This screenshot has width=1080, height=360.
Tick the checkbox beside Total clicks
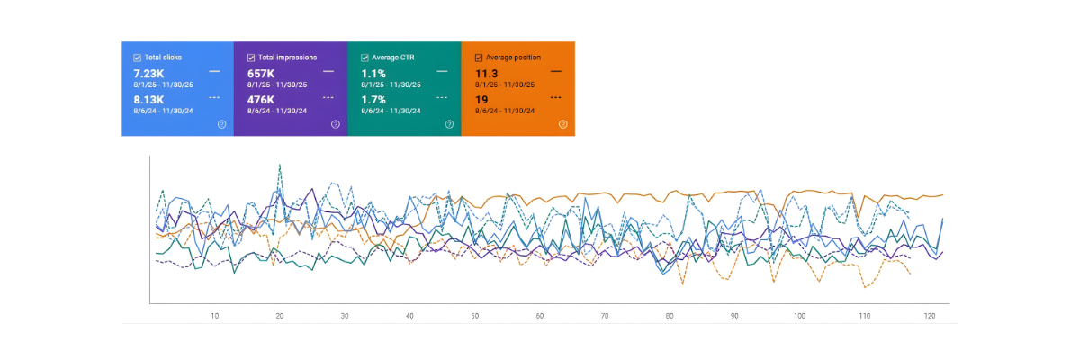coord(137,58)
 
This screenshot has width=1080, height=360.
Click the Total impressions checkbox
coord(251,58)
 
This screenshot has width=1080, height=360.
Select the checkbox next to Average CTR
coord(364,58)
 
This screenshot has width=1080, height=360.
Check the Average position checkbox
coord(479,58)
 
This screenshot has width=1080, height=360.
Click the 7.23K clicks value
coord(149,73)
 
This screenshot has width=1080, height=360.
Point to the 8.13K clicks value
coord(149,100)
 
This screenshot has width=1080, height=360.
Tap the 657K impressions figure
coord(261,73)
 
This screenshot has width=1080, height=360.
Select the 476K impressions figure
coord(261,100)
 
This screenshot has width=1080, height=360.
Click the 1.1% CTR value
coord(373,73)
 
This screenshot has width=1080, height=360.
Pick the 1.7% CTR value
coord(373,100)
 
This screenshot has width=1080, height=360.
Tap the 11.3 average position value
coord(486,73)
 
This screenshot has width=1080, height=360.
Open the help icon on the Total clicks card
coord(221,124)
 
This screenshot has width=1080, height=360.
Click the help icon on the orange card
coord(562,124)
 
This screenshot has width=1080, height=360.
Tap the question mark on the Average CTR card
coord(449,124)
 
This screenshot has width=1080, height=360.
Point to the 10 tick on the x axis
coord(215,316)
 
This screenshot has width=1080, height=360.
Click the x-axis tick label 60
coord(539,316)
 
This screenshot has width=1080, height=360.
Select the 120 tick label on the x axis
coord(929,316)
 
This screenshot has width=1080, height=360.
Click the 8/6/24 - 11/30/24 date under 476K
coord(277,111)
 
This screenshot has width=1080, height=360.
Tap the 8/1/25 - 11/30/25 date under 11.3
coord(505,85)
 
